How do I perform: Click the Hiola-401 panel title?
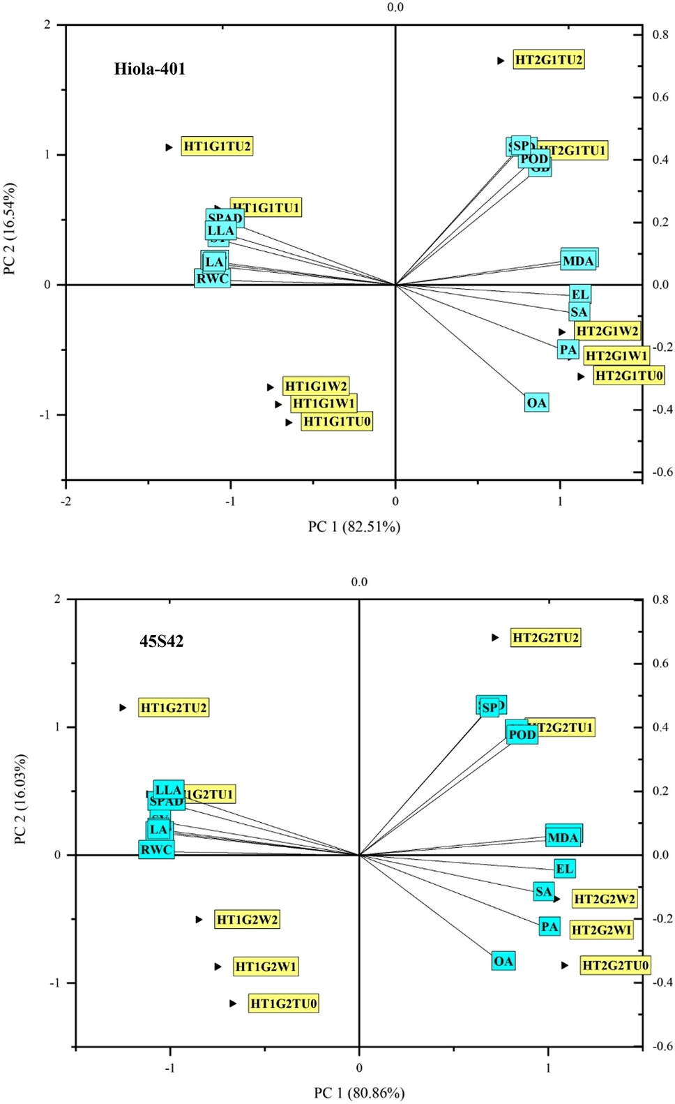[x=149, y=69]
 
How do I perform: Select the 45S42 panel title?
[x=161, y=641]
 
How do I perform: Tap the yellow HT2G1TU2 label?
[x=548, y=60]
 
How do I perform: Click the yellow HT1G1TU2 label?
[x=217, y=147]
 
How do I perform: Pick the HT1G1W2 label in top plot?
[x=316, y=387]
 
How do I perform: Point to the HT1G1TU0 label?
[x=337, y=422]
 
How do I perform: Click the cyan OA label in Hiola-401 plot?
[x=536, y=403]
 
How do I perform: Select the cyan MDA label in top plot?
[x=578, y=261]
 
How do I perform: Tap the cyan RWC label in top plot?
[x=212, y=278]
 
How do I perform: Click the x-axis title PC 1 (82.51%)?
[x=354, y=526]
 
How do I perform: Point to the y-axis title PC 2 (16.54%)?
[x=10, y=229]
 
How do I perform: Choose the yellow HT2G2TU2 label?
[x=545, y=637]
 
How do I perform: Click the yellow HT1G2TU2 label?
[x=174, y=708]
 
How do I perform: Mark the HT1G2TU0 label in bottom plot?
[x=283, y=1004]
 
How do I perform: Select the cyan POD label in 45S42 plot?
[x=522, y=734]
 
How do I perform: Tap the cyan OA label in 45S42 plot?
[x=503, y=961]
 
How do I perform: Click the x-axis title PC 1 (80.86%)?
[x=359, y=1093]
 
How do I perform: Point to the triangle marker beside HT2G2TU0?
[x=564, y=965]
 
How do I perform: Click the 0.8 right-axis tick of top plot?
[x=660, y=34]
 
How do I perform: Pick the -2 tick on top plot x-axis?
[x=66, y=501]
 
